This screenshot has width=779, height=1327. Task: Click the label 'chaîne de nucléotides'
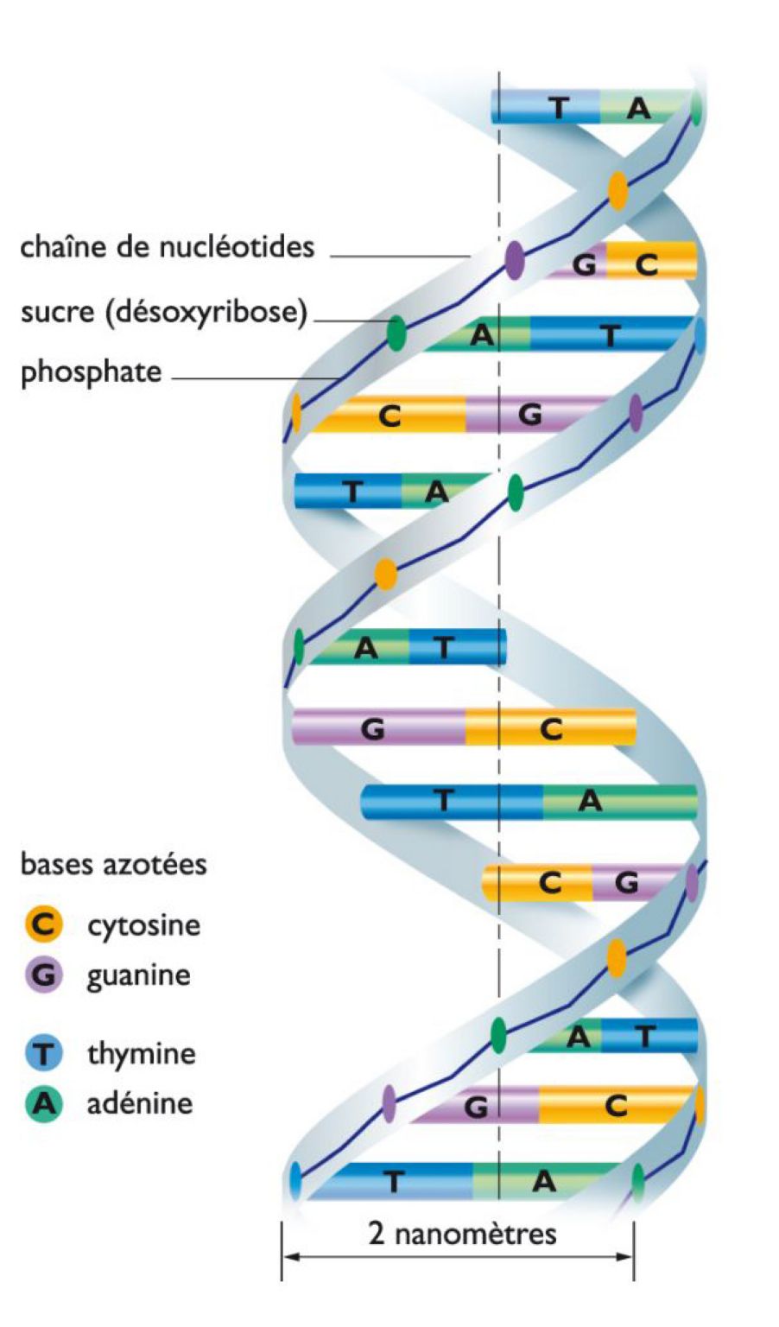(x=167, y=248)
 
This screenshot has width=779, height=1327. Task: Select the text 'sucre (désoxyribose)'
(x=164, y=312)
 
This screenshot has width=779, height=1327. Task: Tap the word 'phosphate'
(x=91, y=372)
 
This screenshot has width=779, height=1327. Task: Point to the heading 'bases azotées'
(x=113, y=864)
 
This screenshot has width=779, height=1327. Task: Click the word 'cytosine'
(x=143, y=925)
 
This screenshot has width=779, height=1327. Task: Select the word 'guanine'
(x=138, y=976)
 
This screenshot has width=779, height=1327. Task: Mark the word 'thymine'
(x=141, y=1054)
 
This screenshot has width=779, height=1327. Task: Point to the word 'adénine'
(x=139, y=1103)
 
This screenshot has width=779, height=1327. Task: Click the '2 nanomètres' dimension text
(x=462, y=1233)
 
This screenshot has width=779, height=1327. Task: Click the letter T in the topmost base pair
(x=560, y=108)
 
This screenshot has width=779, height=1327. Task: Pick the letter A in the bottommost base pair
(x=543, y=1181)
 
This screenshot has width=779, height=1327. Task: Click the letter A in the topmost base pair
(x=638, y=108)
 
